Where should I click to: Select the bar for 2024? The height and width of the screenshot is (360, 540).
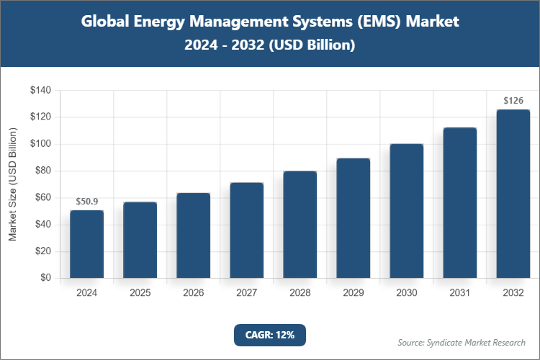coord(86,244)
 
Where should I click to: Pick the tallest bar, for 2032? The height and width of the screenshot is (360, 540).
coord(513,194)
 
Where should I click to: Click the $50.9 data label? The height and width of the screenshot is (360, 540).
coord(86,201)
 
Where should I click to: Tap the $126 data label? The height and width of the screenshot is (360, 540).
coord(513,100)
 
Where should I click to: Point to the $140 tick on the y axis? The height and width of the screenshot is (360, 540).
coord(40,90)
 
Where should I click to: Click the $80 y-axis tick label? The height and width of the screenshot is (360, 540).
coord(42,171)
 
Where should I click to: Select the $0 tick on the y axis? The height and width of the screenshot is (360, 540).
coord(45,278)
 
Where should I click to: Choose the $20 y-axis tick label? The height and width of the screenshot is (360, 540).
coord(42,251)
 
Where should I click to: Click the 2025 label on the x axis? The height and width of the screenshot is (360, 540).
coord(140,293)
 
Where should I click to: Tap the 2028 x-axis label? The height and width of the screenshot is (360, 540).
coord(300,293)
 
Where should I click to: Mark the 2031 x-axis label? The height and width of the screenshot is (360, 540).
coord(459,293)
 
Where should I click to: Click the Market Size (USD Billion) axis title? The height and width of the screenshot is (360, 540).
coord(12,184)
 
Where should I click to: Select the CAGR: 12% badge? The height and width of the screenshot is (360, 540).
coord(270,335)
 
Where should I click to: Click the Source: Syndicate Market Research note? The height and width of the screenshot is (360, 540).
coord(462,342)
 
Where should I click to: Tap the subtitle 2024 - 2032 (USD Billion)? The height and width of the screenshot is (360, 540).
coord(270,45)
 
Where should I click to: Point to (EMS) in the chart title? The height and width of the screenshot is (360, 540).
coord(377,22)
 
